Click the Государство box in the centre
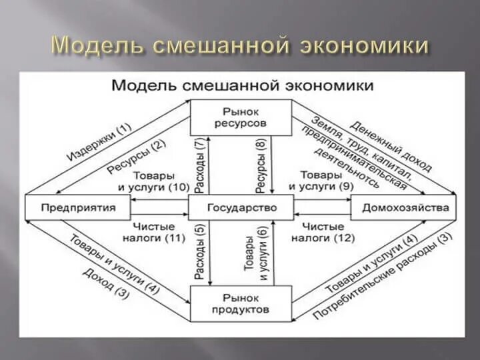pyautogui.click(x=241, y=207)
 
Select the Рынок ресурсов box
pyautogui.click(x=241, y=117)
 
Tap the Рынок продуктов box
pyautogui.click(x=241, y=303)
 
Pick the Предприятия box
pyautogui.click(x=78, y=207)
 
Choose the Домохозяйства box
pyautogui.click(x=405, y=207)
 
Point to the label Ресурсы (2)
pyautogui.click(x=136, y=158)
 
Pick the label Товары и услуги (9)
pyautogui.click(x=327, y=183)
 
